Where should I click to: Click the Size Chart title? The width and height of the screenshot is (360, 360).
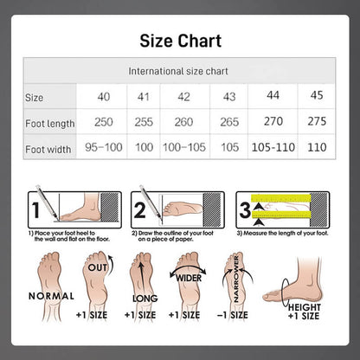pyautogui.click(x=181, y=41)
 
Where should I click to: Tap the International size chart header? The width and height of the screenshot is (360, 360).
pyautogui.click(x=178, y=71)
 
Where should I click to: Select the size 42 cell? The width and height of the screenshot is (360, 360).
pyautogui.click(x=183, y=97)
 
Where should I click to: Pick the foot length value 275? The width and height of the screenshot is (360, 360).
pyautogui.click(x=317, y=121)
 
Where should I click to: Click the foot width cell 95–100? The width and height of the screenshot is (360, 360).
pyautogui.click(x=104, y=147)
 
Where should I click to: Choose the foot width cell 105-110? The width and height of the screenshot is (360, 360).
pyautogui.click(x=273, y=147)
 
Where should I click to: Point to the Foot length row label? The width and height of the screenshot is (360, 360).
pyautogui.click(x=50, y=124)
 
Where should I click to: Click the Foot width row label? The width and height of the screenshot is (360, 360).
pyautogui.click(x=48, y=150)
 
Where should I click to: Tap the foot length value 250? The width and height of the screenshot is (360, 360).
pyautogui.click(x=104, y=122)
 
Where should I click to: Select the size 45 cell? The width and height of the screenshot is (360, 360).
pyautogui.click(x=317, y=95)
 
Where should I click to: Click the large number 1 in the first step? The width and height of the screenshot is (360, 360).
pyautogui.click(x=35, y=210)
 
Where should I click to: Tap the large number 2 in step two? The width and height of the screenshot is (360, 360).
pyautogui.click(x=140, y=210)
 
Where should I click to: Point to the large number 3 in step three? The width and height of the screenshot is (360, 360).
pyautogui.click(x=245, y=210)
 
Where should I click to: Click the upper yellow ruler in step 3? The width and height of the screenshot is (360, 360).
pyautogui.click(x=280, y=198)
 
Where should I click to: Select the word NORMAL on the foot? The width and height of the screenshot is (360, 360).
pyautogui.click(x=51, y=296)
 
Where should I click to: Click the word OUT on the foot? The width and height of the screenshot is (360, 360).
pyautogui.click(x=97, y=267)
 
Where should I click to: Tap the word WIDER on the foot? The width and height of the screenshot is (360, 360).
pyautogui.click(x=189, y=278)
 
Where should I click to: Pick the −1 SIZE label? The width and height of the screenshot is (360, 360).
pyautogui.click(x=233, y=315)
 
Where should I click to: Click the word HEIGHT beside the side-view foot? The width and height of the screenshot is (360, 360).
pyautogui.click(x=305, y=307)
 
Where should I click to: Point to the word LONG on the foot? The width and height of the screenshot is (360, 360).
pyautogui.click(x=145, y=299)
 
